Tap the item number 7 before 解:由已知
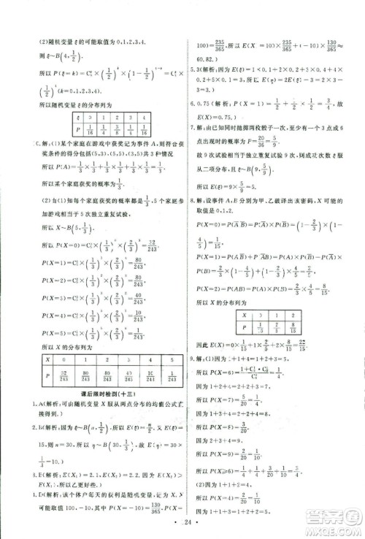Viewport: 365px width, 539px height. (x=191, y=127)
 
